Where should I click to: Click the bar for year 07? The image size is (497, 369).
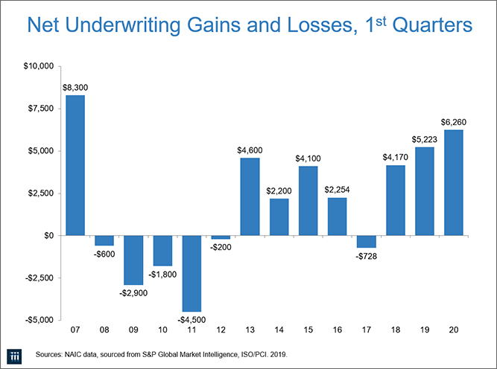[x=75, y=165]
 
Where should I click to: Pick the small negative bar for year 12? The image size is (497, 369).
[x=221, y=237]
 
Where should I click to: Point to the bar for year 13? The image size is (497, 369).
[x=250, y=196]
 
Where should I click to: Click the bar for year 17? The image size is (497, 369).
[x=367, y=241]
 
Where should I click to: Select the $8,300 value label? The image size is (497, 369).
[x=75, y=87]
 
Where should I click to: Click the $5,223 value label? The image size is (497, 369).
[x=425, y=138]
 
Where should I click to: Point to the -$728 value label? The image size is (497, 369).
[x=367, y=257]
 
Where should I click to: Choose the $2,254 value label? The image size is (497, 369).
[x=337, y=189]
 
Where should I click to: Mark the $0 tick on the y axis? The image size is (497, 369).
[x=46, y=235]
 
